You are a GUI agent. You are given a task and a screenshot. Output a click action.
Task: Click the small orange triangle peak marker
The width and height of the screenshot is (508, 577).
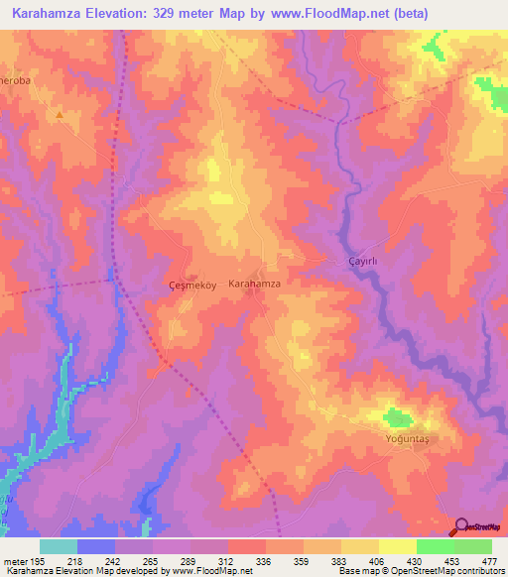pyautogui.click(x=59, y=115)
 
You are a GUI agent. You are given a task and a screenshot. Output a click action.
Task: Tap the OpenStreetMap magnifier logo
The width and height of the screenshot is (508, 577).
pyautogui.click(x=462, y=526)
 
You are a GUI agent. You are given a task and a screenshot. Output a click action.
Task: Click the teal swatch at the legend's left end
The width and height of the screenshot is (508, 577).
pyautogui.click(x=59, y=546)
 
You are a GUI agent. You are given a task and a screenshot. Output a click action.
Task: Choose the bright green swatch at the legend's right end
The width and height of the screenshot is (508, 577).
pyautogui.click(x=472, y=546)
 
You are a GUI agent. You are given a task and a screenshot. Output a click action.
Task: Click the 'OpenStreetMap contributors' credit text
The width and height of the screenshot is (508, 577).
pyautogui.click(x=435, y=571)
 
